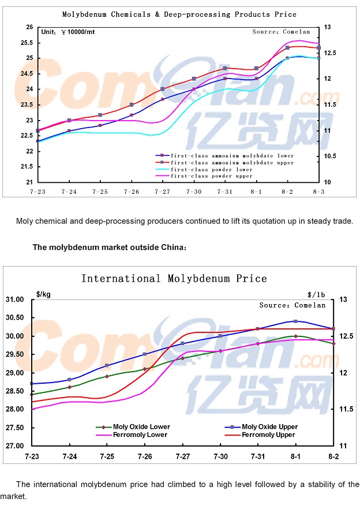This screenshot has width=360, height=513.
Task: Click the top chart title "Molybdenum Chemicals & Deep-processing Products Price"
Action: (179, 14)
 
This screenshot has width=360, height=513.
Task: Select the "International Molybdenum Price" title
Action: (174, 279)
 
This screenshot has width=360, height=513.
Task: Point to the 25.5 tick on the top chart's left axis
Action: (27, 43)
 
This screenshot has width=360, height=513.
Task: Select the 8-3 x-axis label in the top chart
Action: (318, 191)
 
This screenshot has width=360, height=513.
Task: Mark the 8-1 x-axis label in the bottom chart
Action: (295, 456)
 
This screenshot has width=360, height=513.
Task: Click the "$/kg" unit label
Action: (43, 294)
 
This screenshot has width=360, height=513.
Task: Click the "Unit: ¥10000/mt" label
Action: (67, 32)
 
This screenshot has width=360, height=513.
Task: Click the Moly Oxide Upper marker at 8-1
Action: (295, 321)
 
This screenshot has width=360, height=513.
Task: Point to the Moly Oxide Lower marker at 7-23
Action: (32, 395)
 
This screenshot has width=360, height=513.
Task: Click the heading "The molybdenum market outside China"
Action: (110, 248)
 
